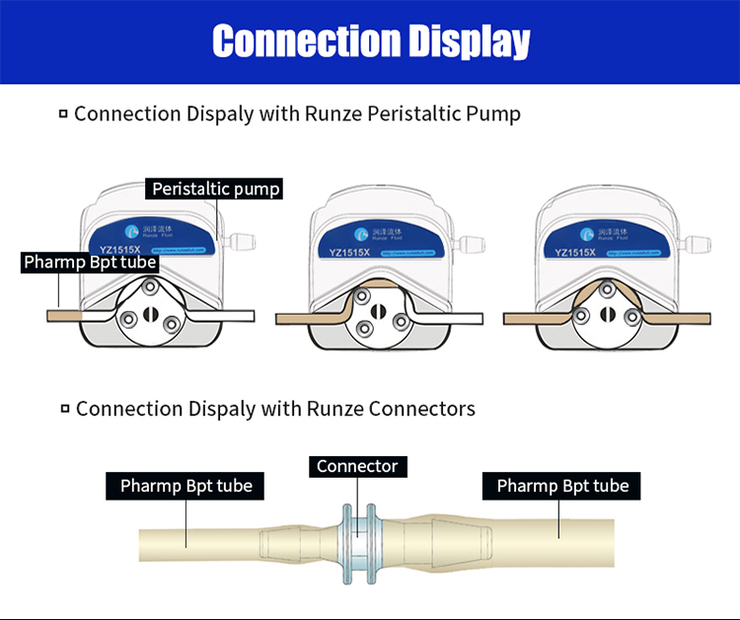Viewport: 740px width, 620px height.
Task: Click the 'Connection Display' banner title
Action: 370,41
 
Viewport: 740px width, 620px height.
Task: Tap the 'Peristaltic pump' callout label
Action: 215,189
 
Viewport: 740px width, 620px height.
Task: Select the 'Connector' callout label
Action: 356,466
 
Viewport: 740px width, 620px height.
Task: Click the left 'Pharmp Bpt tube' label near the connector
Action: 185,486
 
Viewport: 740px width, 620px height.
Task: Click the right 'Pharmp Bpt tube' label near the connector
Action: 562,486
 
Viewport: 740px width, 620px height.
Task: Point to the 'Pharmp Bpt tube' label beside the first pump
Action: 90,263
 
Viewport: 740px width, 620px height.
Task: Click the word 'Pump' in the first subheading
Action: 495,114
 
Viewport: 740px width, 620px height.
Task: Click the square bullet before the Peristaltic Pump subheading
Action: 63,115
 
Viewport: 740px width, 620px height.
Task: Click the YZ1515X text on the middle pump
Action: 349,253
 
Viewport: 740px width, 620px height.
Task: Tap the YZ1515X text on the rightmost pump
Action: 574,253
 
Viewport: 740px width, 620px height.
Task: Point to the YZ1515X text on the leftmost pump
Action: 121,253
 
